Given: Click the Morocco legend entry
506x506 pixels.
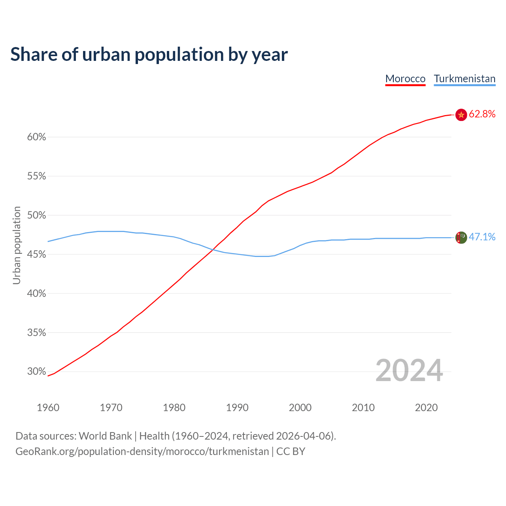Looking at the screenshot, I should click(405, 79).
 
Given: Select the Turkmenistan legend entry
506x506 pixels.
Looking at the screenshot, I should click(464, 79).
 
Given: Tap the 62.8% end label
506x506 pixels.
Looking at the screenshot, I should click(482, 114).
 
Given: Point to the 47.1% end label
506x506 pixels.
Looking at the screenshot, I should click(482, 237).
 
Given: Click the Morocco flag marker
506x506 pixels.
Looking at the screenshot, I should click(461, 115).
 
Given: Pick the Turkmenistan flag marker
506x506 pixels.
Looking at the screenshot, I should click(461, 238).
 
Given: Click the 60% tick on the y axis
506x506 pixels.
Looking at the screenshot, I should click(37, 137).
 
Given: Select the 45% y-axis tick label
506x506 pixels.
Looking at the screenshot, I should click(37, 255).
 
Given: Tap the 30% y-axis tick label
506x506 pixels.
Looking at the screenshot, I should click(37, 372).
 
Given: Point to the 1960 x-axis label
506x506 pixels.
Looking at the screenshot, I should click(48, 408).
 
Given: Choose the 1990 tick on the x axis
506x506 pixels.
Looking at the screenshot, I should click(237, 408).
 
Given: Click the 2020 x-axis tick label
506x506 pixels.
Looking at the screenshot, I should click(426, 408).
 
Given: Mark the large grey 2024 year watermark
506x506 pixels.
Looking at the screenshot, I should click(409, 370).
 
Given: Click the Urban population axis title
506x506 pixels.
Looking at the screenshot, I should click(17, 245).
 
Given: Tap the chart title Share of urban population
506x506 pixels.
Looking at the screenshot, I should click(149, 54).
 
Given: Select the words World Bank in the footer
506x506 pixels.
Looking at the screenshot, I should click(105, 436).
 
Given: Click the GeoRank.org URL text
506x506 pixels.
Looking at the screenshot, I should click(142, 451).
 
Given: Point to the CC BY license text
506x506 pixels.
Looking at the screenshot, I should click(291, 451).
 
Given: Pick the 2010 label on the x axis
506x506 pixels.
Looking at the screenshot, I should click(363, 408).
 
